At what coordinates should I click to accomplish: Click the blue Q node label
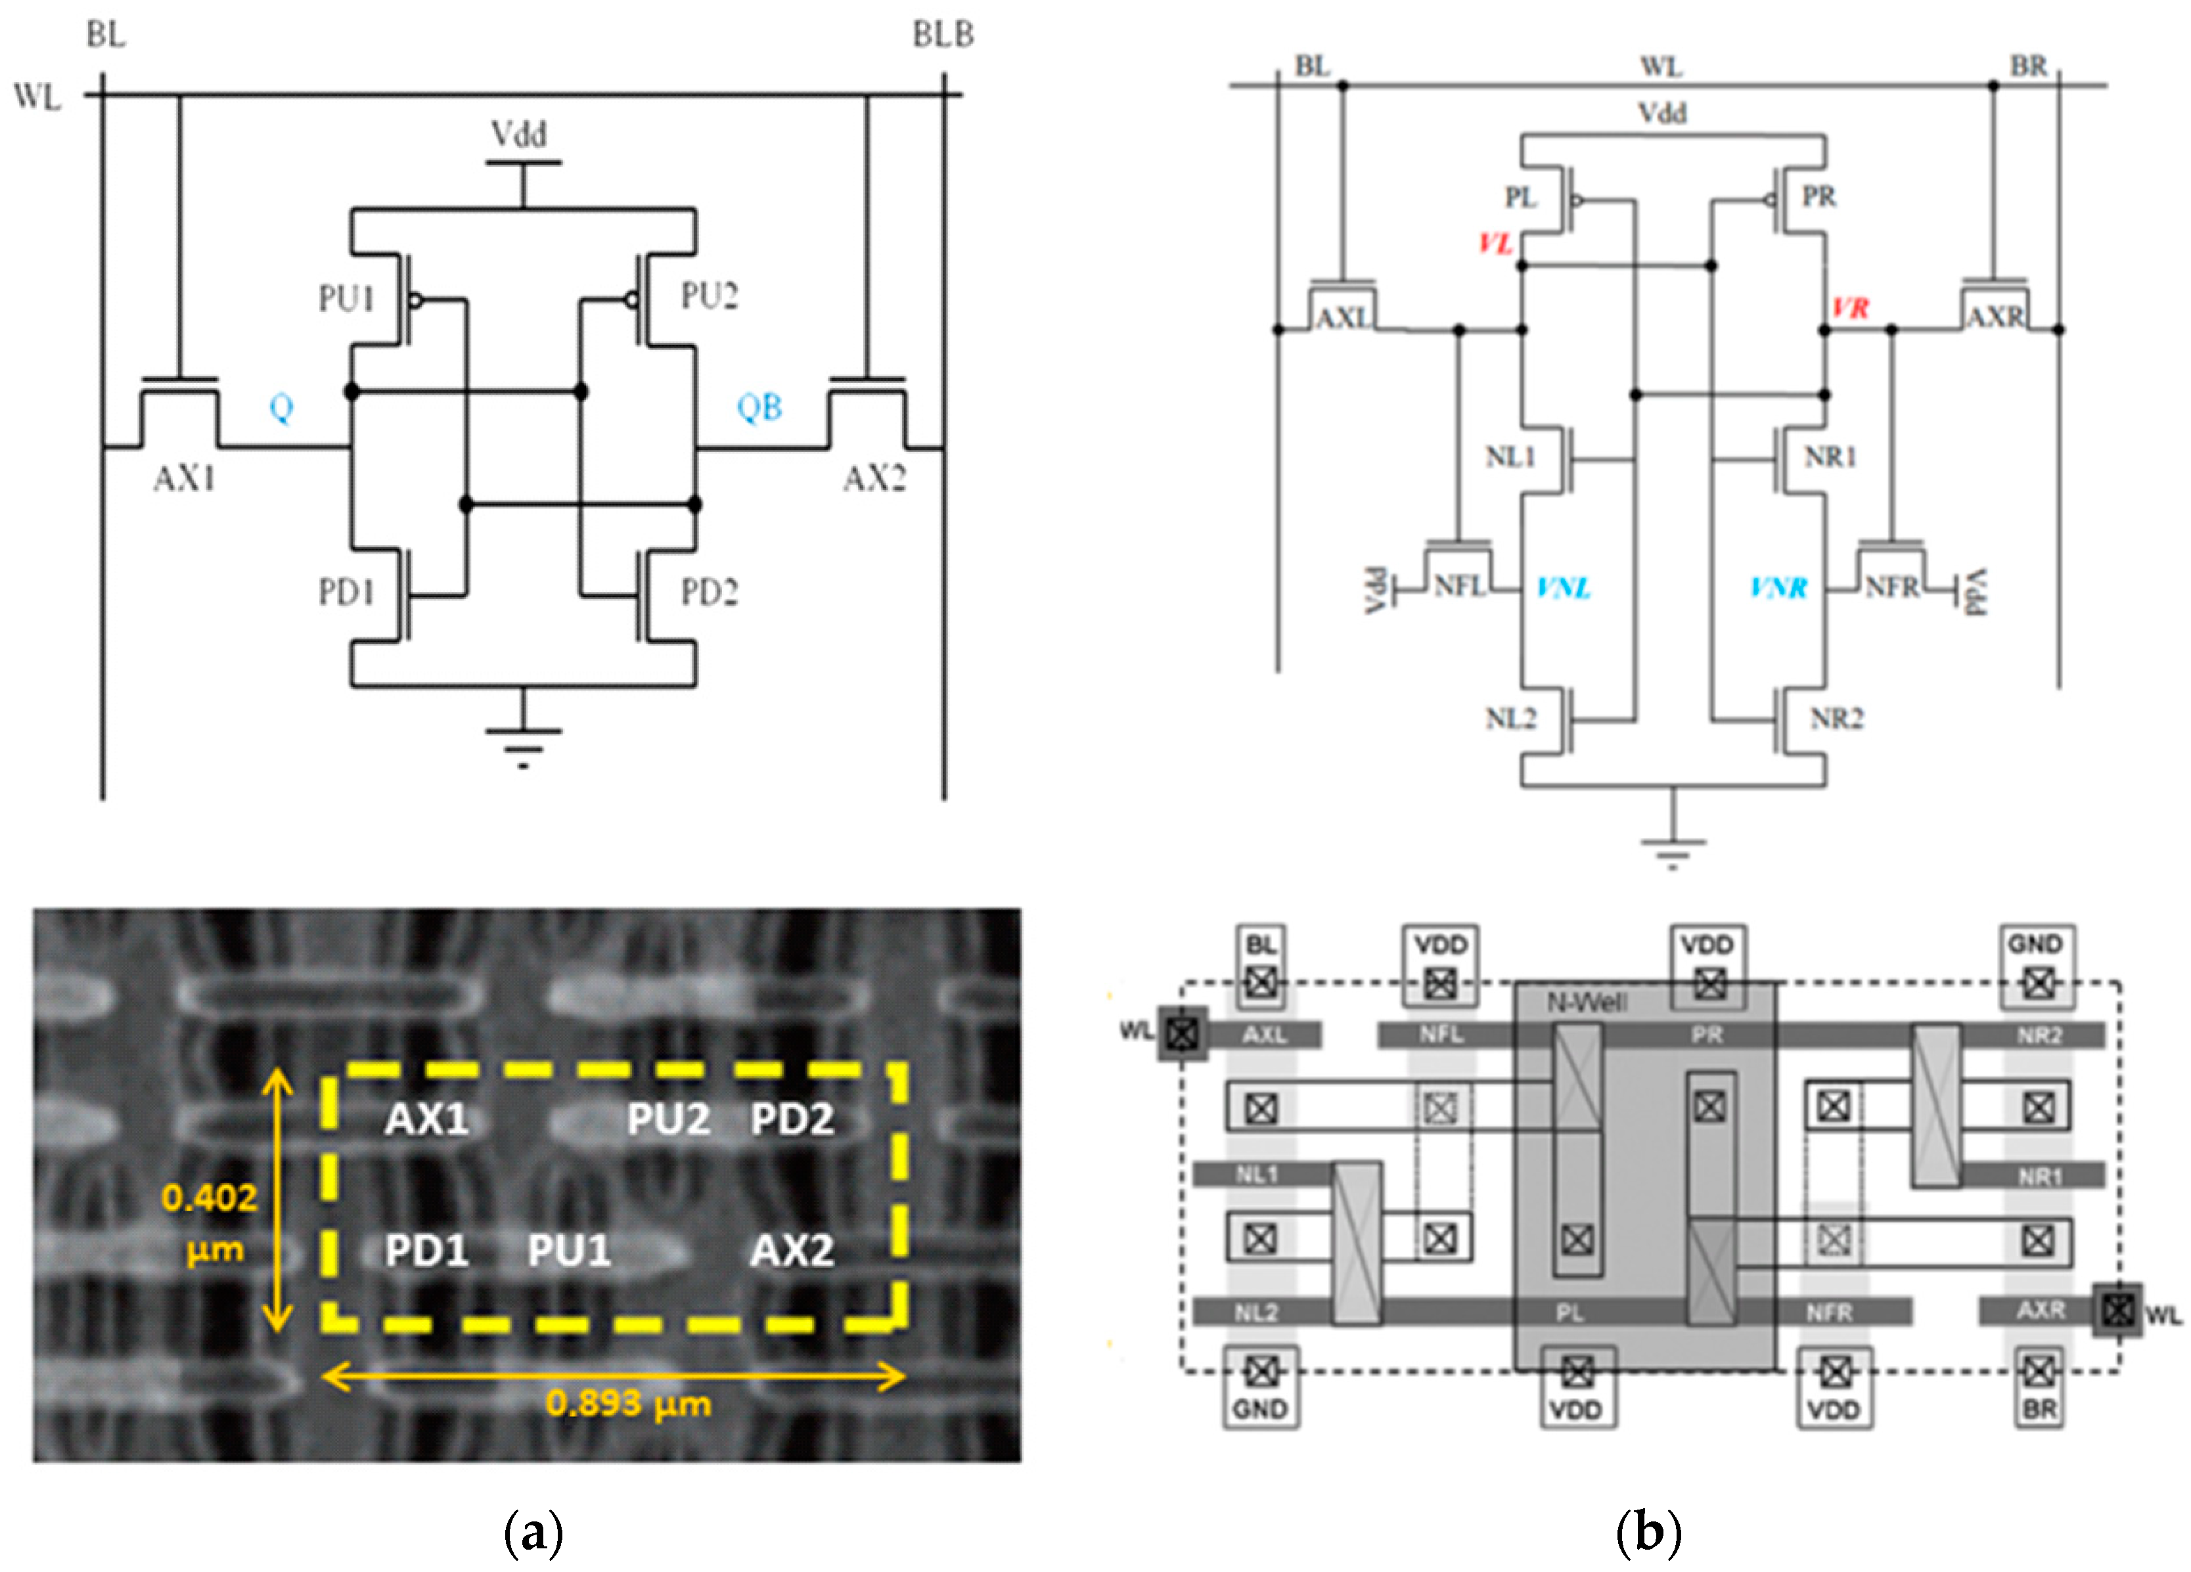click(x=281, y=408)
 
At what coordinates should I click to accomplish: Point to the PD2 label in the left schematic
click(x=709, y=591)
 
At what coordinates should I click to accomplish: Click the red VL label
click(x=1495, y=244)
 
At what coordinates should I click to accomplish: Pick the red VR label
click(x=1850, y=308)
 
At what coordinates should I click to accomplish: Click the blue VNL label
click(x=1563, y=587)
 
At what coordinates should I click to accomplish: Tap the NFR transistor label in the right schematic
click(x=1891, y=587)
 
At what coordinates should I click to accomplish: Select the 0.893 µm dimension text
click(x=628, y=1403)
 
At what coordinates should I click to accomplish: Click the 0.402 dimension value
click(x=210, y=1198)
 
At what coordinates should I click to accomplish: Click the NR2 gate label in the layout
click(x=2039, y=1036)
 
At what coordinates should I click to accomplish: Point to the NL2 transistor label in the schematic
click(x=1510, y=718)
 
